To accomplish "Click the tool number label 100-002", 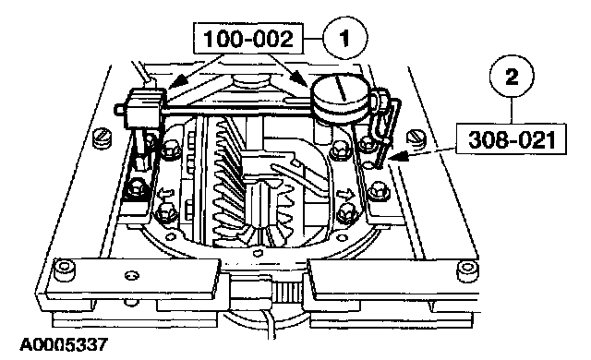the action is (248, 39).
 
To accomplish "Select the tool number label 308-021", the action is (511, 139).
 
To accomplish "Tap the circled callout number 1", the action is (344, 38).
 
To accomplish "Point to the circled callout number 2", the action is (512, 78).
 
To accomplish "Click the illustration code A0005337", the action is (64, 345).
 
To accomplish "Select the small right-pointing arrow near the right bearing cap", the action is (344, 195).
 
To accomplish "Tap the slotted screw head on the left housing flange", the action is (101, 138).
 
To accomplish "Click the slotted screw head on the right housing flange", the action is (417, 138).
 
